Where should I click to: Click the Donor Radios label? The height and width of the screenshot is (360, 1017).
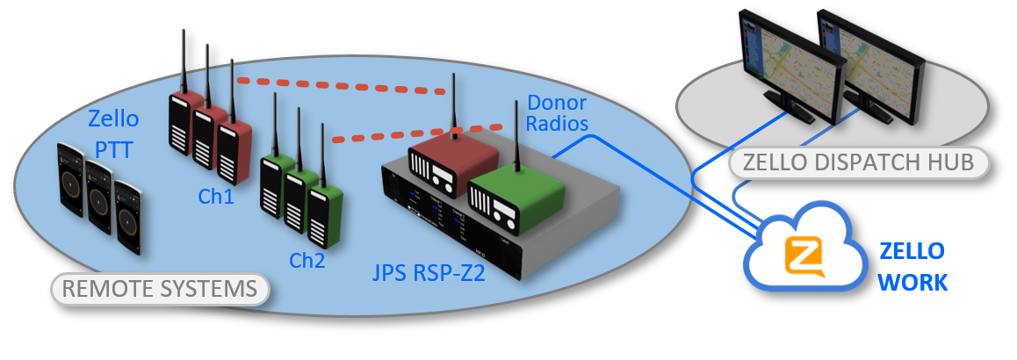[x=557, y=112]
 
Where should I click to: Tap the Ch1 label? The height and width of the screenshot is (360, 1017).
[x=216, y=197]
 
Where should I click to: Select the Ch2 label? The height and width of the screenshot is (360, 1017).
[x=308, y=261]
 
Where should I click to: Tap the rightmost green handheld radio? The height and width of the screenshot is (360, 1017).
[x=327, y=215]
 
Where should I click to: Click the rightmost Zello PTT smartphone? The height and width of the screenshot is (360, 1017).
[x=129, y=217]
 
